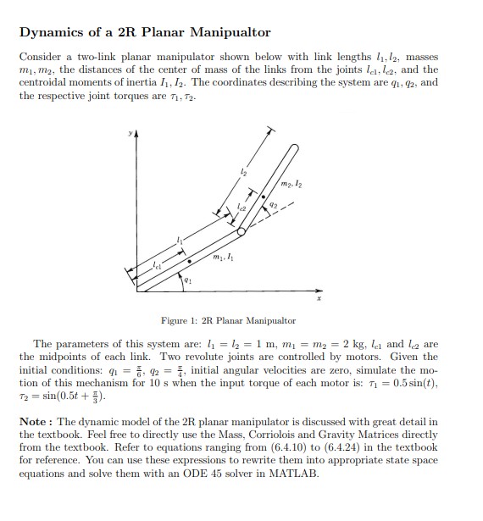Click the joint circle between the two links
(242, 230)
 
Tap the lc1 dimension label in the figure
(157, 268)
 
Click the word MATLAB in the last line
(297, 474)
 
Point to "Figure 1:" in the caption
(178, 321)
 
